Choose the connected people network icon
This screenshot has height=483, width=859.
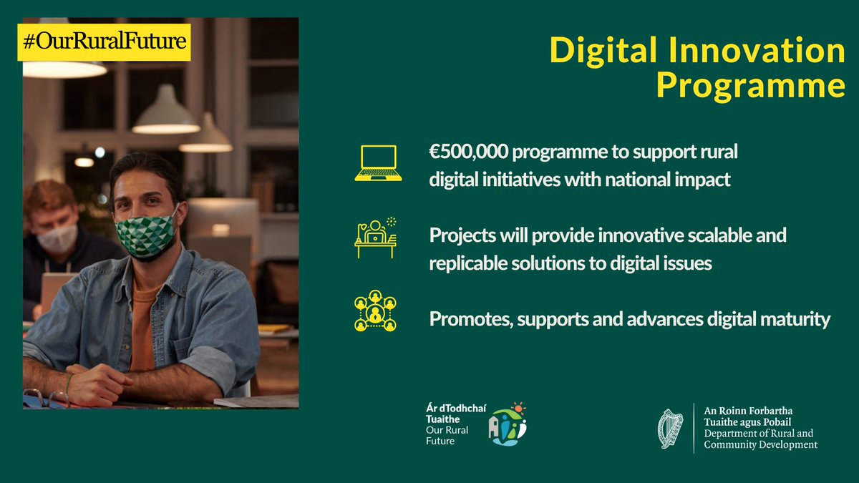coord(375,312)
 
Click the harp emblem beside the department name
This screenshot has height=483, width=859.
coord(670,429)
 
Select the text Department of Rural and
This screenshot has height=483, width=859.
coord(758,434)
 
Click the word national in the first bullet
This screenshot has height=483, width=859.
coord(641,180)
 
